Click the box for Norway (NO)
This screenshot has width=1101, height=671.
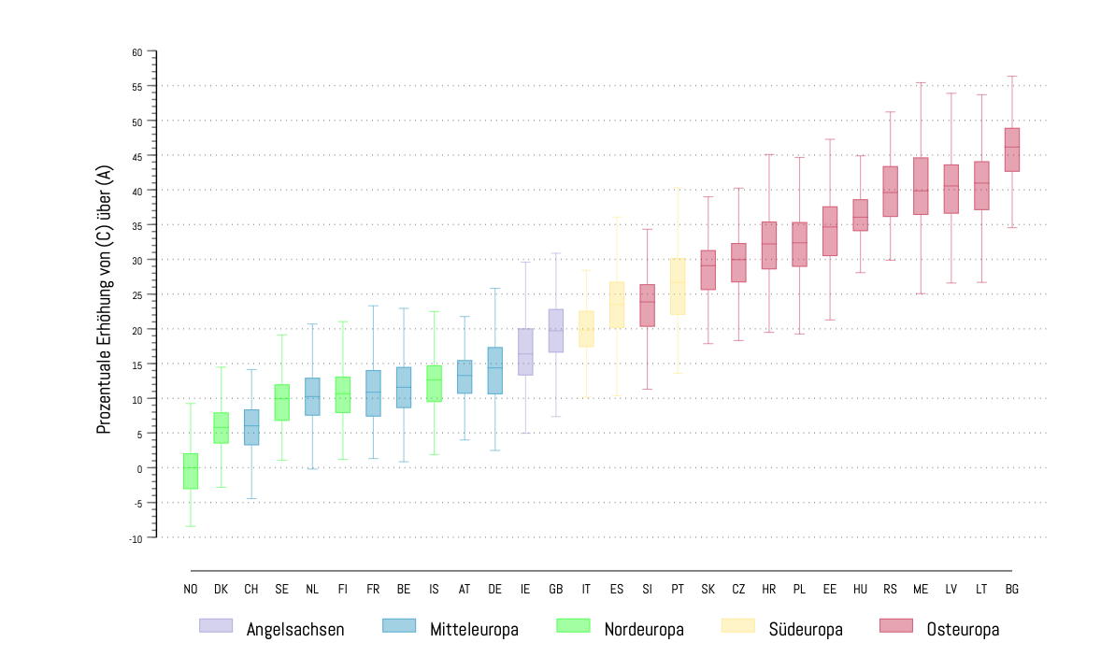(x=191, y=471)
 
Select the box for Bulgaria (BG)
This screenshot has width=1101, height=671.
(x=1011, y=150)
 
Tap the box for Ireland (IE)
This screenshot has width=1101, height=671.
(x=525, y=351)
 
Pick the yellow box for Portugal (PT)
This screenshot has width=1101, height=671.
(x=678, y=286)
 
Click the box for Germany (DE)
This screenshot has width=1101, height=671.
(x=495, y=370)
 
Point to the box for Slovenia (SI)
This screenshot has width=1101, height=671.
(x=647, y=306)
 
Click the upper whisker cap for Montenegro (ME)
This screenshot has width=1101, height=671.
(x=921, y=83)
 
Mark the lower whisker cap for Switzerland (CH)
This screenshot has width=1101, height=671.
(x=251, y=499)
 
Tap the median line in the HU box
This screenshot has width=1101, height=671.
(x=860, y=218)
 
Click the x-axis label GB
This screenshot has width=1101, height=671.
(x=556, y=590)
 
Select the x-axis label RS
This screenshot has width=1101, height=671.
(x=890, y=590)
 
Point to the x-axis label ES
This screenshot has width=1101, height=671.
(x=617, y=590)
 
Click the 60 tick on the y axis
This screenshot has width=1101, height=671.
(x=136, y=52)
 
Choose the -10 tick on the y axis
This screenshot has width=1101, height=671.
(x=136, y=538)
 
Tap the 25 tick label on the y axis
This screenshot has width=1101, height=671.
(x=136, y=295)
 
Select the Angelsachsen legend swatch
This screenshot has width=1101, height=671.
(x=216, y=625)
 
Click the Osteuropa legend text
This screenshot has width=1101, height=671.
(x=963, y=630)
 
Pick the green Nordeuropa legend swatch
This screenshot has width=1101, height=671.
(x=572, y=625)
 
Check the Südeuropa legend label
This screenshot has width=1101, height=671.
(x=806, y=630)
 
